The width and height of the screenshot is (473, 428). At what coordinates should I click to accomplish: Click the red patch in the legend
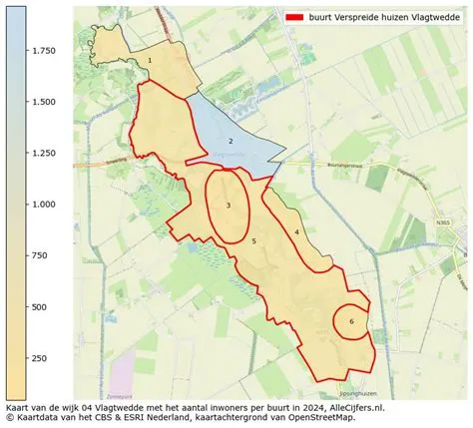point(295,18)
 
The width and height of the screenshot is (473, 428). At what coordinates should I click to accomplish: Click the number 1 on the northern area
point(150,60)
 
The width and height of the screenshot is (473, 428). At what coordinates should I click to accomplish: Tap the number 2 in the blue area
point(231,142)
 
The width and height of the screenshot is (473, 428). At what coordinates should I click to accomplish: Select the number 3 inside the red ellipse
point(229,206)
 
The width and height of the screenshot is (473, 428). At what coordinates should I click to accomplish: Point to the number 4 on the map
point(297,232)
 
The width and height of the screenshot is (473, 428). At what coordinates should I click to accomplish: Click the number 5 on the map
point(254,241)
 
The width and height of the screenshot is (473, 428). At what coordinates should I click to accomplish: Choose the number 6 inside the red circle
point(351,321)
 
